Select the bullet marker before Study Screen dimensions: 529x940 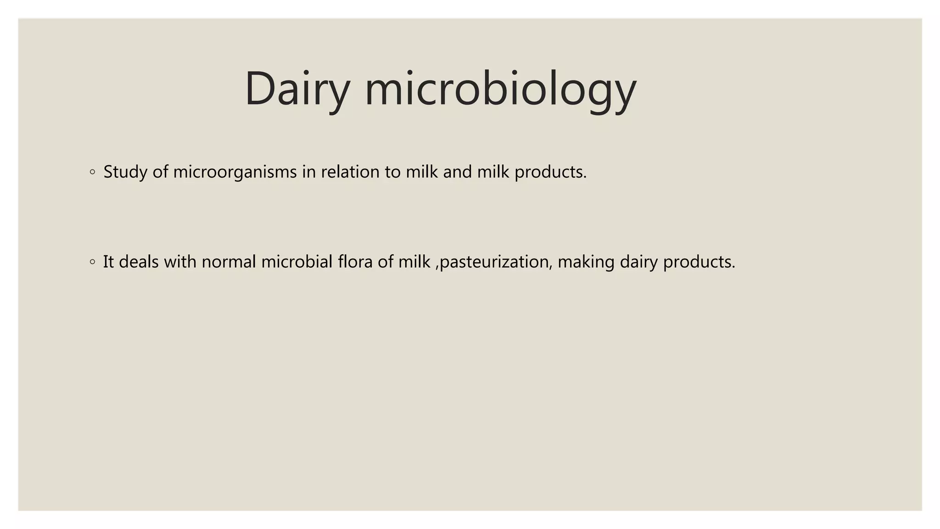[x=93, y=172]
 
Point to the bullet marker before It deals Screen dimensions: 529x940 [x=93, y=262]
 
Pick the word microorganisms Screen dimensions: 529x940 [x=235, y=172]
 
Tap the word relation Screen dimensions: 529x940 [x=350, y=172]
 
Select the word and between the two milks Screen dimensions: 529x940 [x=457, y=172]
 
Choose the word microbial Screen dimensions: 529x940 [x=297, y=262]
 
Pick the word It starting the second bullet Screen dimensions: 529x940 [x=108, y=262]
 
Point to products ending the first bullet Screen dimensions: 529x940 [x=550, y=172]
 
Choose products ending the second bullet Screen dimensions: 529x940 [x=699, y=262]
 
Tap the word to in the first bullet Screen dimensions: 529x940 [x=392, y=172]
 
